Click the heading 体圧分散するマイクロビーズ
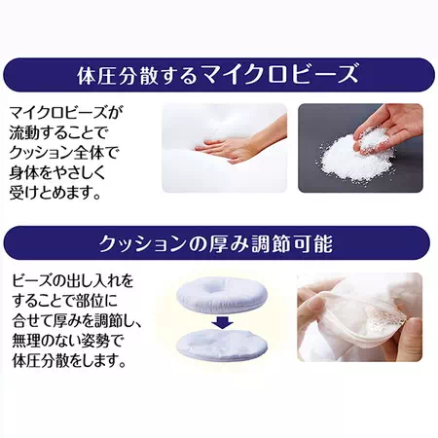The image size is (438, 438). [218, 75]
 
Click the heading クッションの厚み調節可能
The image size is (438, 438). [216, 243]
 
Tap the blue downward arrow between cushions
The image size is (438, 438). [222, 322]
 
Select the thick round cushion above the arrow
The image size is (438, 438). [222, 295]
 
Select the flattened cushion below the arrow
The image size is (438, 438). [222, 345]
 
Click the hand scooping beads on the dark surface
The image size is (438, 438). [389, 127]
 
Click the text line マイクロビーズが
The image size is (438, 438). [66, 113]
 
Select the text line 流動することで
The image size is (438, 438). [59, 133]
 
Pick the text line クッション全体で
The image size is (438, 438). [64, 153]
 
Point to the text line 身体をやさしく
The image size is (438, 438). [57, 173]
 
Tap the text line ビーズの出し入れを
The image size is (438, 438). [73, 281]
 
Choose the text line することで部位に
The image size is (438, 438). [64, 301]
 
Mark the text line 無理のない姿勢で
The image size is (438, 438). [67, 341]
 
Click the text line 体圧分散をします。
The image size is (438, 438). [69, 361]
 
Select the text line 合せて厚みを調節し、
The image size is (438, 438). [77, 321]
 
